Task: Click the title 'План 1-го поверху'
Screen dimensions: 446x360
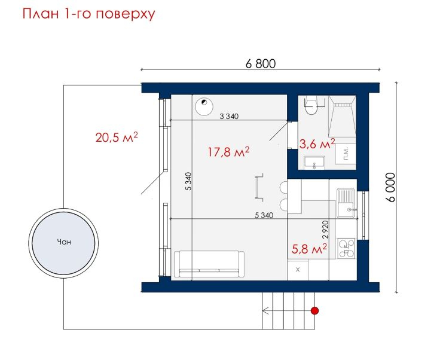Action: (x=88, y=14)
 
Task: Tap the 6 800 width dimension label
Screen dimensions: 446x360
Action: (x=261, y=64)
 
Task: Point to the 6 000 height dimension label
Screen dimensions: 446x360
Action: (x=391, y=187)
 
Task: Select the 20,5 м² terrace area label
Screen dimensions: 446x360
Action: (x=117, y=138)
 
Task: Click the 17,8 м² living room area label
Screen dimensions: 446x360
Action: (x=228, y=152)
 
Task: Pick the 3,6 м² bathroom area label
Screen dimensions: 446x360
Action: (x=317, y=144)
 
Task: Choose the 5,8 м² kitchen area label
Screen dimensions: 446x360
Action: (x=309, y=249)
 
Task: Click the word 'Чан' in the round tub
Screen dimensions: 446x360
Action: (x=64, y=242)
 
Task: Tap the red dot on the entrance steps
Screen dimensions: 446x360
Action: (x=314, y=311)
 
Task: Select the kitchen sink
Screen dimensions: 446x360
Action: (x=346, y=202)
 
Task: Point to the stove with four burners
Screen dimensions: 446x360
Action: (x=346, y=248)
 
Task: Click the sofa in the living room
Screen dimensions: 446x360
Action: (x=209, y=264)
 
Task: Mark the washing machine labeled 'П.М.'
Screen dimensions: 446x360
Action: (x=346, y=154)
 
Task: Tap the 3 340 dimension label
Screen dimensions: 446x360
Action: (x=229, y=116)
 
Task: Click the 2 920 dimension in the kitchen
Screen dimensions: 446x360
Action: (x=326, y=230)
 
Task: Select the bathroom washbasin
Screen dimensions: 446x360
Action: (x=314, y=163)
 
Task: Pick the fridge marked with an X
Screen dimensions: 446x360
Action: (x=298, y=270)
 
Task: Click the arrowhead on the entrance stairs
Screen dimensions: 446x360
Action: (x=265, y=311)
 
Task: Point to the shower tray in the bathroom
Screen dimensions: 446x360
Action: (x=342, y=116)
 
